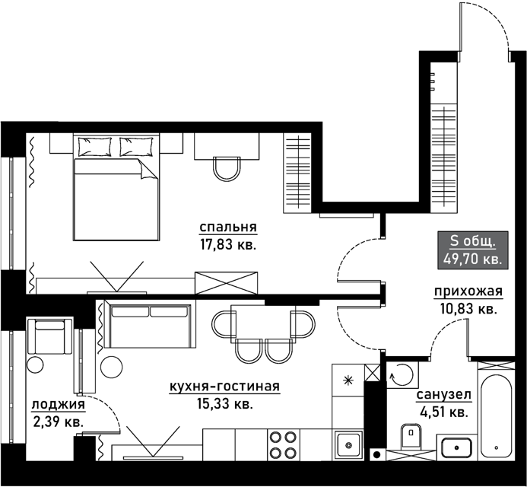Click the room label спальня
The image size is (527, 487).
pos(228,228)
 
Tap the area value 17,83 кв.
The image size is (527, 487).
pos(228,244)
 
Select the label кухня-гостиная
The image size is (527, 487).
pos(224,387)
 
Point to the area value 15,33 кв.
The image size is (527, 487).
pos(224,403)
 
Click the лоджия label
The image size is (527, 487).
pos(59,405)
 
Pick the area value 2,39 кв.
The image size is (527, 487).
pos(59,422)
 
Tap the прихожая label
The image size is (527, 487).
pos(468,291)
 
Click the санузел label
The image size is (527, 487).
pos(444,395)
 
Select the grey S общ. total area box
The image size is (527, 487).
pos(472,250)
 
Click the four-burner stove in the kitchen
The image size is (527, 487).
pos(284,444)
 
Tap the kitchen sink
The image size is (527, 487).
pos(348,444)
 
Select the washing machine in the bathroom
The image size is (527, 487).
pos(402,374)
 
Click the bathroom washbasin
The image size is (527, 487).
pos(457,447)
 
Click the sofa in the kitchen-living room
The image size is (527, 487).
pos(150,324)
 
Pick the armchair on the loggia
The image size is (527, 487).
pos(49,336)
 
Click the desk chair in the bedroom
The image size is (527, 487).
pos(227,169)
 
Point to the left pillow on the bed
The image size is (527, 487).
pos(94,147)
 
